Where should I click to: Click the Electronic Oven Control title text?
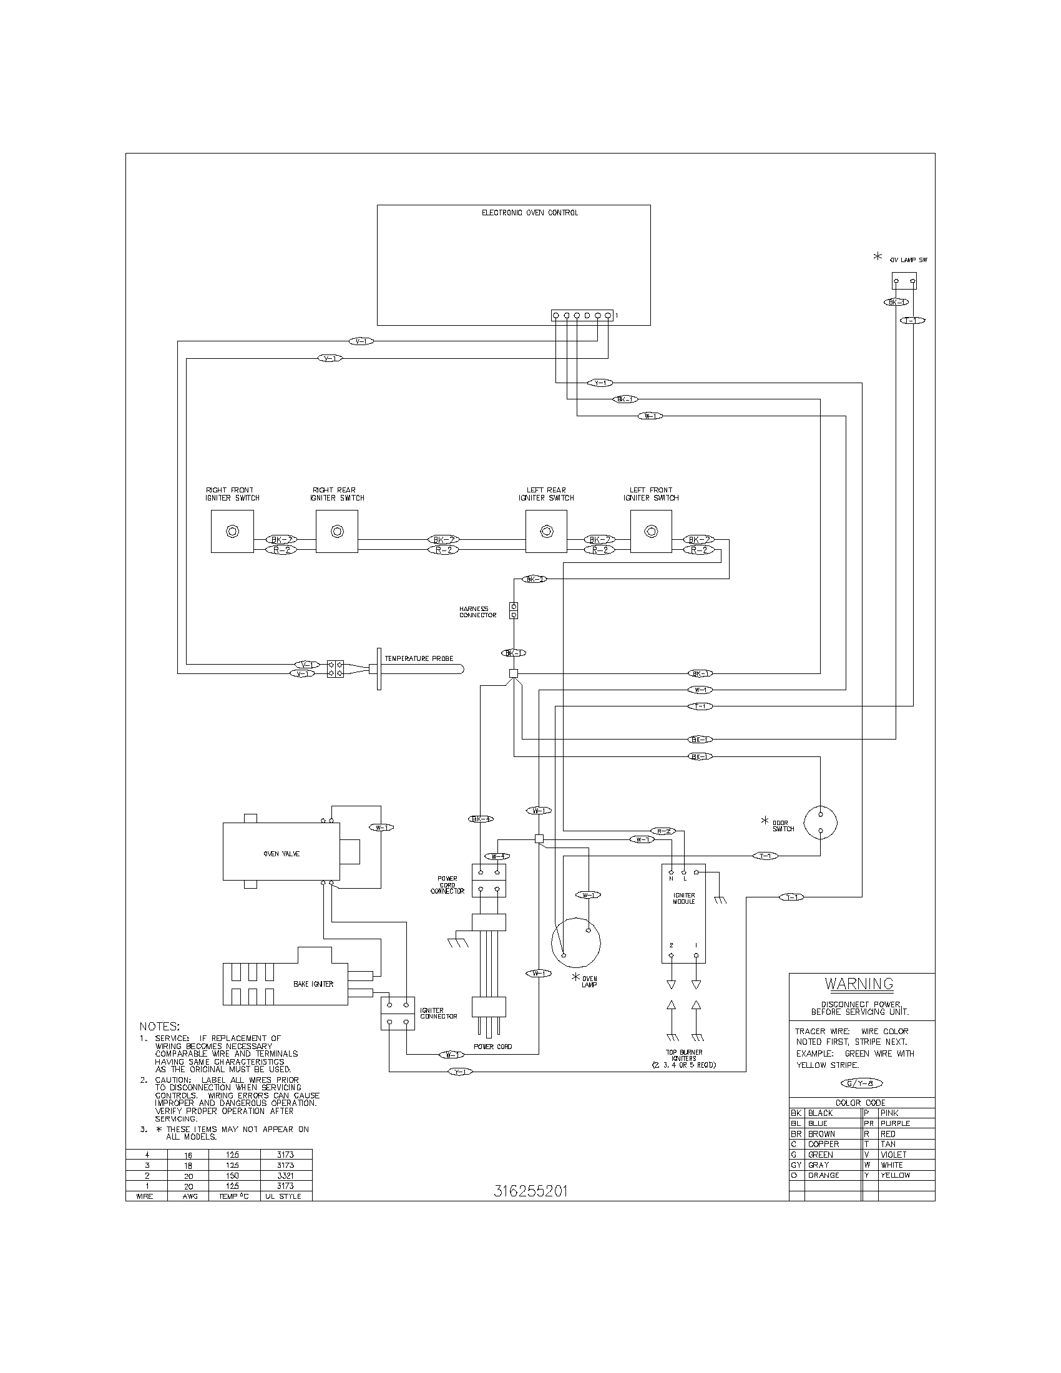click(x=529, y=212)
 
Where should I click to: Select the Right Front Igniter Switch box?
click(x=232, y=531)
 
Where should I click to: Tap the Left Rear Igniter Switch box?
click(x=546, y=531)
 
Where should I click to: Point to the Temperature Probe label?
click(x=419, y=658)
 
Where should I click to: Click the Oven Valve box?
click(x=281, y=853)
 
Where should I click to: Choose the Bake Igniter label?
click(x=313, y=984)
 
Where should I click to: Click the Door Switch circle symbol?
click(x=820, y=823)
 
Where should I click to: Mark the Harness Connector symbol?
click(x=514, y=611)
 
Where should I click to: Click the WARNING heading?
click(x=859, y=983)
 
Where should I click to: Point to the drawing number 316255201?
click(x=530, y=1191)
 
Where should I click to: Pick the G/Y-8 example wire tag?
click(x=861, y=1083)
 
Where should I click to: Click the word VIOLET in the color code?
click(x=893, y=1154)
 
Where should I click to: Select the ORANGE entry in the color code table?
click(x=823, y=1175)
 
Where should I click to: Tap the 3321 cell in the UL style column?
click(x=285, y=1175)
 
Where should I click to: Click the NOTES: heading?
click(x=159, y=1026)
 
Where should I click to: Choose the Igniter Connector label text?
click(x=438, y=1013)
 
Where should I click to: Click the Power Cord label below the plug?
click(x=493, y=1046)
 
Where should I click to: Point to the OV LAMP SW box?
click(x=904, y=280)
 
